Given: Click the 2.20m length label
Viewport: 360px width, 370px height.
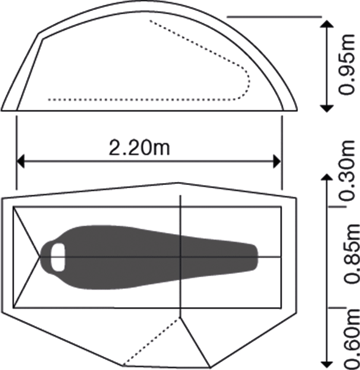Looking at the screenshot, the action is [139, 148].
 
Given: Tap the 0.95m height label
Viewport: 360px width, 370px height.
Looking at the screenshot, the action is [346, 64].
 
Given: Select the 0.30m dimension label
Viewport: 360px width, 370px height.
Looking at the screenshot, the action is [346, 170].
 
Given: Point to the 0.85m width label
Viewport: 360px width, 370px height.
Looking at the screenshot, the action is [351, 253].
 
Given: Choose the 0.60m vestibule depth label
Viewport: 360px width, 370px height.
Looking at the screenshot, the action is [351, 339].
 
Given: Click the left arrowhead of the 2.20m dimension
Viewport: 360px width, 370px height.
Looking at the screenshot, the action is [20, 162].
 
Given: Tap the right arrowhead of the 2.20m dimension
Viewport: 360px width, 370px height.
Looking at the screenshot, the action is [277, 162].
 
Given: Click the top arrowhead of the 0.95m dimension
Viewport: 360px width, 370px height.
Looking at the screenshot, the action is [326, 24].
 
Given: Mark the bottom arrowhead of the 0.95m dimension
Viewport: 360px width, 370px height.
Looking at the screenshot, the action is [326, 109].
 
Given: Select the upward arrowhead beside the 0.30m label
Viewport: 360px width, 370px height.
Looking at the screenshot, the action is [326, 178].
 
